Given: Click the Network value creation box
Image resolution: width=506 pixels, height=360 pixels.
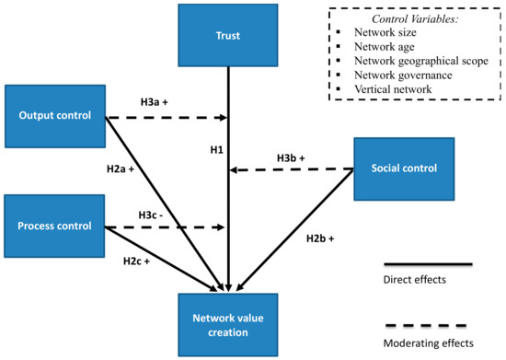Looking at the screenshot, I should click(225, 325).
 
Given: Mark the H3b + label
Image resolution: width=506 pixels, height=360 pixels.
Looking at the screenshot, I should click(295, 157).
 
